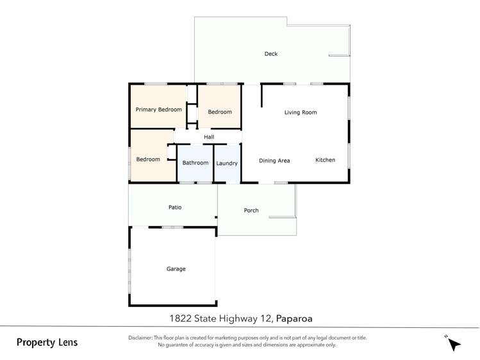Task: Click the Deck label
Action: pos(271,54)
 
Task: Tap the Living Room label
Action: pos(301,113)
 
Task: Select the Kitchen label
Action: pos(325,160)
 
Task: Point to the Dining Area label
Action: pos(274,161)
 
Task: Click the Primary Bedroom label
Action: pos(158,110)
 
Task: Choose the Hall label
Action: pos(209,137)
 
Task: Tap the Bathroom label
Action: pos(195,163)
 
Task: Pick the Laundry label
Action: pos(227,163)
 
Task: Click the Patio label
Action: pos(175,208)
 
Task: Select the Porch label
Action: pos(251,211)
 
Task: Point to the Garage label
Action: pos(176,269)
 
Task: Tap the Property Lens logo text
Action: pos(47,343)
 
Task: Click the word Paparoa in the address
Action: pos(294,318)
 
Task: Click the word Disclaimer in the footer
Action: pos(140,338)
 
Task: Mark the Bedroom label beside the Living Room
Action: pos(220,112)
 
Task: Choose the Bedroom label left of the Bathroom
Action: pos(148,160)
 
